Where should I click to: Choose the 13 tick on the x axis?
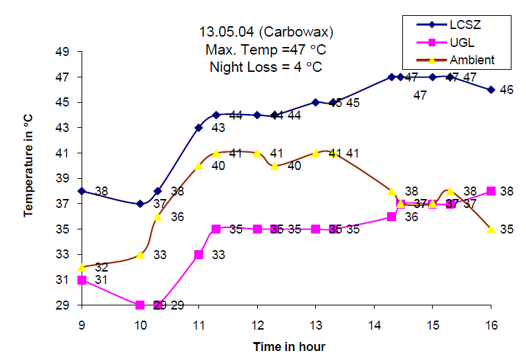click(316, 323)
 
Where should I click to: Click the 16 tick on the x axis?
click(491, 323)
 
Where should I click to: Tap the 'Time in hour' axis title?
click(289, 346)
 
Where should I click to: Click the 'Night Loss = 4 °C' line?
click(264, 67)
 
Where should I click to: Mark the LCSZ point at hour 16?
click(491, 89)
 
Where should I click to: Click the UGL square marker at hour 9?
click(82, 280)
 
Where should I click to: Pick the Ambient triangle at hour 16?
click(491, 229)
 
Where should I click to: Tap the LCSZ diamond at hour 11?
click(198, 127)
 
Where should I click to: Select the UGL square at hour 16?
click(491, 191)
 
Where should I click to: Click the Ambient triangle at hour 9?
click(82, 267)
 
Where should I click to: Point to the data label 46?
click(507, 90)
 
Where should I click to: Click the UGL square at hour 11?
click(198, 254)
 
